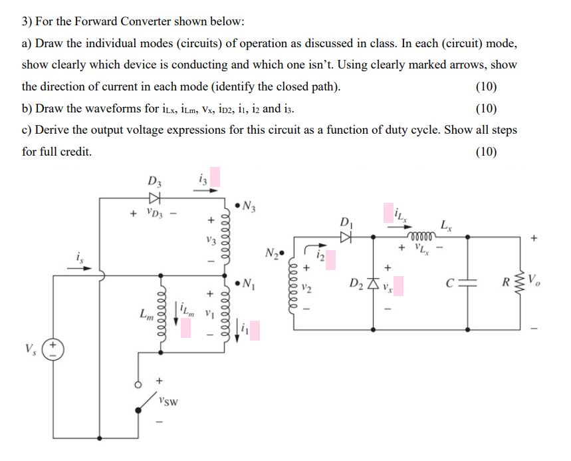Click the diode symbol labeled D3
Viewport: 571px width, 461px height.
pyautogui.click(x=154, y=198)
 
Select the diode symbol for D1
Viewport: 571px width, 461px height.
pyautogui.click(x=346, y=235)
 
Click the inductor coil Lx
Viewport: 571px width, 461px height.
pyautogui.click(x=424, y=234)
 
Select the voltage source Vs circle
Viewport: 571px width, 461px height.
pyautogui.click(x=53, y=351)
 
